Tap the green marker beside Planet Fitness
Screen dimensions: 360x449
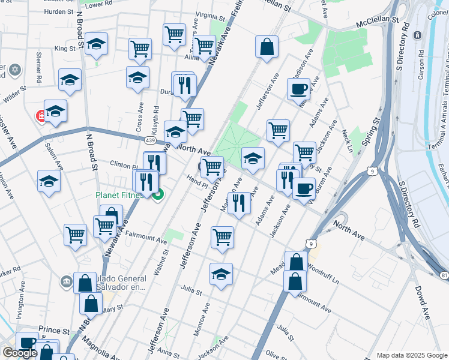[x=158, y=194]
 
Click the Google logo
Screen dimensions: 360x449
[x=20, y=353]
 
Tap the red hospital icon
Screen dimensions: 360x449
[x=41, y=115]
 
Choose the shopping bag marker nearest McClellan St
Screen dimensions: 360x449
[x=267, y=47]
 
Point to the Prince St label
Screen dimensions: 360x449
[x=55, y=330]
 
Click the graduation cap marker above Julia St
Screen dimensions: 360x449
[x=221, y=274]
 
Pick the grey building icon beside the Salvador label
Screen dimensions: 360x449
[x=65, y=280]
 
